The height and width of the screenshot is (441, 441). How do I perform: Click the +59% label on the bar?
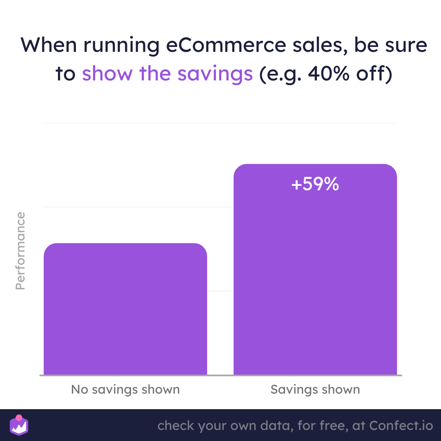[315, 184]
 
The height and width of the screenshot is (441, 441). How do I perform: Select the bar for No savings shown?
[125, 309]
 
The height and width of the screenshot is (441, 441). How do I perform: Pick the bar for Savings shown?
[315, 269]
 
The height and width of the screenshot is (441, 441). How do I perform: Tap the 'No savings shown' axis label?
[125, 390]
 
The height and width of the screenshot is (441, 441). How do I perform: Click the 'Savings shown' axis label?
[315, 390]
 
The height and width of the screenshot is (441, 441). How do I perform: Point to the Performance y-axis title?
[20, 251]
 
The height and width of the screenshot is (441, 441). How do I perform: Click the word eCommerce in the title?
[226, 45]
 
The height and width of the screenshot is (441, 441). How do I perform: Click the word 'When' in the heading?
[49, 45]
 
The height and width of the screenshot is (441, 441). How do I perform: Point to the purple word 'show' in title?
[107, 73]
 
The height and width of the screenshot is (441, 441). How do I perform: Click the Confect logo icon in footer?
[19, 425]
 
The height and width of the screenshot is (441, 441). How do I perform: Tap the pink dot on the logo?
[19, 418]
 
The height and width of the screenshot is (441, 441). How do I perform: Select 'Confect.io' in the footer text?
[401, 425]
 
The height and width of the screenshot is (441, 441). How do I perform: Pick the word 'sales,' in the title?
[320, 46]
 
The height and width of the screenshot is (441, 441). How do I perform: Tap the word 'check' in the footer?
[176, 425]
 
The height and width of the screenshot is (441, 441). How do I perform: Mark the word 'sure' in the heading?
[406, 46]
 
